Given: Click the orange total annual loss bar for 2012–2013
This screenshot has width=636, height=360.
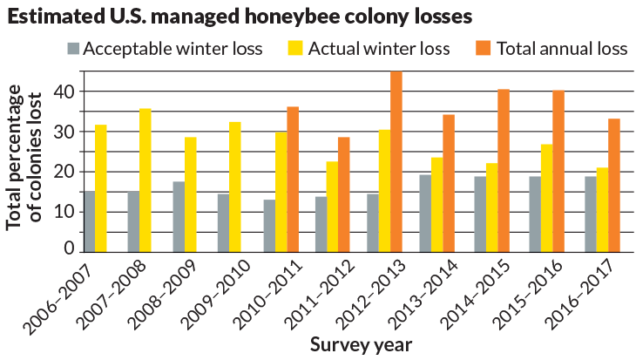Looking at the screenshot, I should pyautogui.click(x=396, y=162).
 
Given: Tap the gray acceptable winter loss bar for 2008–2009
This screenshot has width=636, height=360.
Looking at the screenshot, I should pyautogui.click(x=178, y=217).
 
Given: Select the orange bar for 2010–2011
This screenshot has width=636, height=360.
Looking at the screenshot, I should pyautogui.click(x=293, y=180).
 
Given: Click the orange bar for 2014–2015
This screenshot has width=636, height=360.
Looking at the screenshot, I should pyautogui.click(x=504, y=171).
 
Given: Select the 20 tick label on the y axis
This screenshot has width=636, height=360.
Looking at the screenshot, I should pyautogui.click(x=62, y=172).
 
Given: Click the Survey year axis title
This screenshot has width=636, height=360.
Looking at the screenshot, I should pyautogui.click(x=361, y=345).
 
